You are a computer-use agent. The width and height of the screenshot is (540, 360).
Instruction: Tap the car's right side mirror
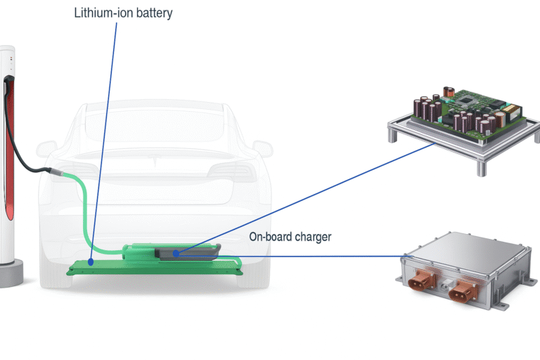262,149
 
